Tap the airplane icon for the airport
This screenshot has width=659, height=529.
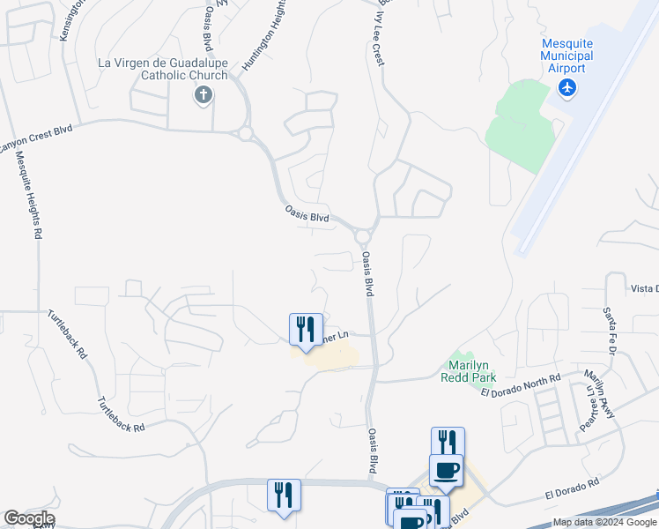567,87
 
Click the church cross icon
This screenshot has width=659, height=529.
203,95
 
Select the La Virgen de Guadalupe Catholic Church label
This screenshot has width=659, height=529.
162,69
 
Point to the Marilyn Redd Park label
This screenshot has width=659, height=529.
468,371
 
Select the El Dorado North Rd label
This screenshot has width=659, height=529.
521,386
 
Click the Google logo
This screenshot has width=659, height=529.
28,518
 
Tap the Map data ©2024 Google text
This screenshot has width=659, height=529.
603,522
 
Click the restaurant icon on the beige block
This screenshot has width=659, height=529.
306,331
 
